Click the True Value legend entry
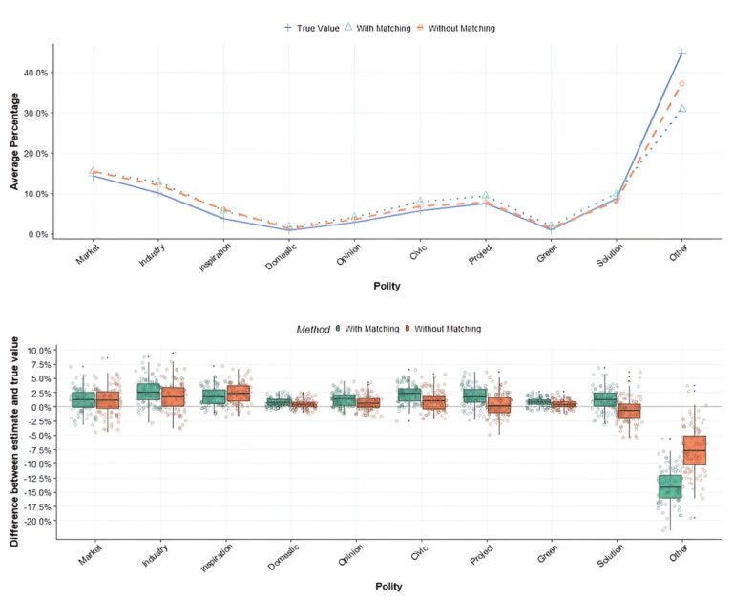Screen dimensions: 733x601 coord(312,28)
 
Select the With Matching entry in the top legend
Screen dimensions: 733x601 coord(377,28)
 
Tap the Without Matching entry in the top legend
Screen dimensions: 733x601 coord(455,28)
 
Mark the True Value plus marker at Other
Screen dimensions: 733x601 coord(682,53)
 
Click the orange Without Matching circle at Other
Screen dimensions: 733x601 coord(682,84)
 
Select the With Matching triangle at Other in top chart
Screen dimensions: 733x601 coord(682,109)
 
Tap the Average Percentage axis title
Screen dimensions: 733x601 coord(14,141)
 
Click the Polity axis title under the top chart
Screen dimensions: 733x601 coord(387,286)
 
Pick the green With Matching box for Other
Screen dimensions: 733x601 coord(670,486)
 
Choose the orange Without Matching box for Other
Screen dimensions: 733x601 coord(694,450)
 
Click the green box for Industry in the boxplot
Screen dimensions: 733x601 coord(149,392)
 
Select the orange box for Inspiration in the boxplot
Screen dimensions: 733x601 coord(239,393)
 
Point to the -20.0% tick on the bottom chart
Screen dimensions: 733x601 coord(39,521)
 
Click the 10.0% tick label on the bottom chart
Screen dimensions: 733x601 coord(40,351)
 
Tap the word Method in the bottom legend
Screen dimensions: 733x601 coord(313,330)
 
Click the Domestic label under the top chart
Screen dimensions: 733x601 coord(281,257)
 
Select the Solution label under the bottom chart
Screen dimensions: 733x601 coord(610,555)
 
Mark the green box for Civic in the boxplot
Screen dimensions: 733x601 coord(409,395)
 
